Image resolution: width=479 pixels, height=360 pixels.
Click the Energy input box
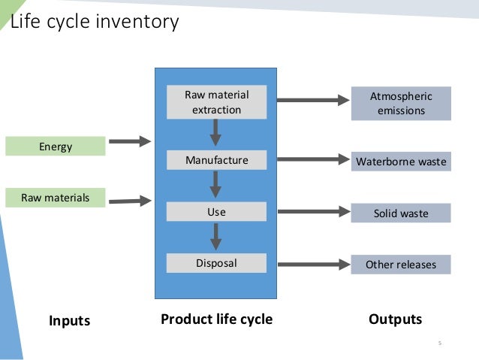click(x=56, y=147)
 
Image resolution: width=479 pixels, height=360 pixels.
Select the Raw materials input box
click(x=56, y=198)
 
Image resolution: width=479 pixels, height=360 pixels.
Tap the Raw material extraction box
click(x=216, y=102)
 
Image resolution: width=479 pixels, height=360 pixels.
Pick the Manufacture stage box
click(x=216, y=160)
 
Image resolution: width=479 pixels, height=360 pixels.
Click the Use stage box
click(x=216, y=212)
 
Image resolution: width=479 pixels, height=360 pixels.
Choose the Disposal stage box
click(x=216, y=263)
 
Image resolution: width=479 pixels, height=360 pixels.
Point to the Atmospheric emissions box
click(x=401, y=104)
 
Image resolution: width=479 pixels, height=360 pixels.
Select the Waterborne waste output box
click(x=401, y=161)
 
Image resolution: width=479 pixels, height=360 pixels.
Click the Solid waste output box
click(x=401, y=213)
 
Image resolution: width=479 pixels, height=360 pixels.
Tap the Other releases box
click(x=401, y=265)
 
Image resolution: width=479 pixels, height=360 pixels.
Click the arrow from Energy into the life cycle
click(x=130, y=141)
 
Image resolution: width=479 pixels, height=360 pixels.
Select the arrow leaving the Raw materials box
click(x=130, y=201)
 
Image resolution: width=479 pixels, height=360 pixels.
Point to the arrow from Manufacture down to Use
click(x=215, y=184)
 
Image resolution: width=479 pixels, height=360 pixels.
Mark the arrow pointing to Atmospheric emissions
click(x=313, y=100)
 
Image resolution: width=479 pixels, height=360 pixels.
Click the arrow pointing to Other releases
click(x=314, y=265)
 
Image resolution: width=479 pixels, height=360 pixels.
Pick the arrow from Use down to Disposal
click(x=216, y=237)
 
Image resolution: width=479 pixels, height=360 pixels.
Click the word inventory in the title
click(x=137, y=22)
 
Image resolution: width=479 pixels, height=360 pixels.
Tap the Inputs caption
click(x=70, y=321)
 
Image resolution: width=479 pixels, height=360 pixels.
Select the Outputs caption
click(x=396, y=319)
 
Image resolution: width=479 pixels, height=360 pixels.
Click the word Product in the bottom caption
click(x=187, y=319)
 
